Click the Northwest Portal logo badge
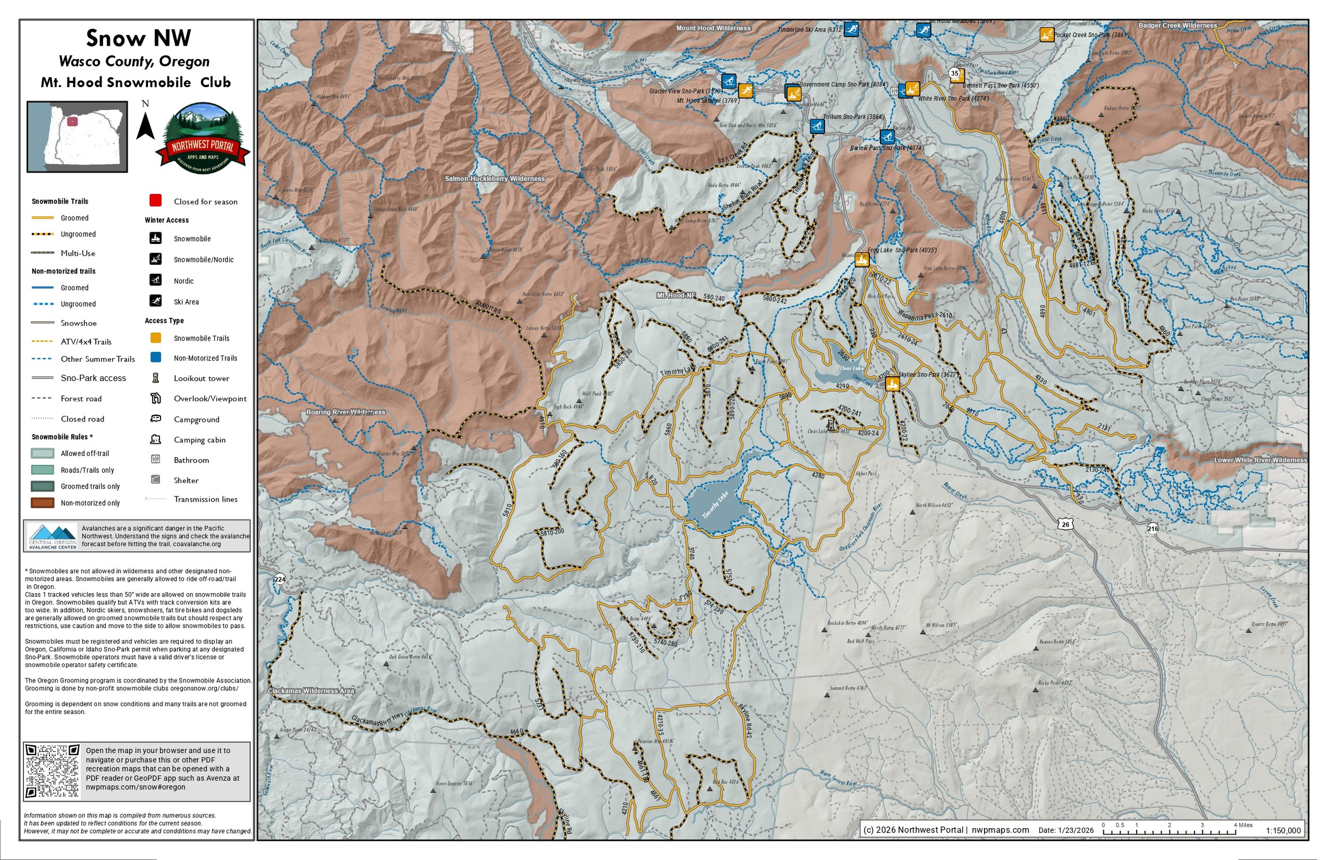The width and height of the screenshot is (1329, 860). point(203,139)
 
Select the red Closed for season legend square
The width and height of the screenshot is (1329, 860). point(155,200)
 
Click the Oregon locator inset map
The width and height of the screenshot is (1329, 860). point(77,137)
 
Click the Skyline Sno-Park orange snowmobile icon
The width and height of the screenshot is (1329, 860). point(892,384)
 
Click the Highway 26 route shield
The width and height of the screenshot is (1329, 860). point(1065,525)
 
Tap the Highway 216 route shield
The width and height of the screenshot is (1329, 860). point(1153,528)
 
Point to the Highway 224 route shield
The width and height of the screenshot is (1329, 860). point(280,579)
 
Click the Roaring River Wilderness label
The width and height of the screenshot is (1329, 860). point(346,412)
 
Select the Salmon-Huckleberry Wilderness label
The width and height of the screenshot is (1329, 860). point(495,179)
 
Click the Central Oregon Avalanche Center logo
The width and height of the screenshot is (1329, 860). point(53,536)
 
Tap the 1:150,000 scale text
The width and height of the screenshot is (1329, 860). point(1283,830)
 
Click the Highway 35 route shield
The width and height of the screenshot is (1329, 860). point(954,73)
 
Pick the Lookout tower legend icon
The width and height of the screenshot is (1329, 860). point(156,378)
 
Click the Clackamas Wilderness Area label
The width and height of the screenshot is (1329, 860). point(311,691)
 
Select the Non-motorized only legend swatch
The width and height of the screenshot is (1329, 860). point(43,503)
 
